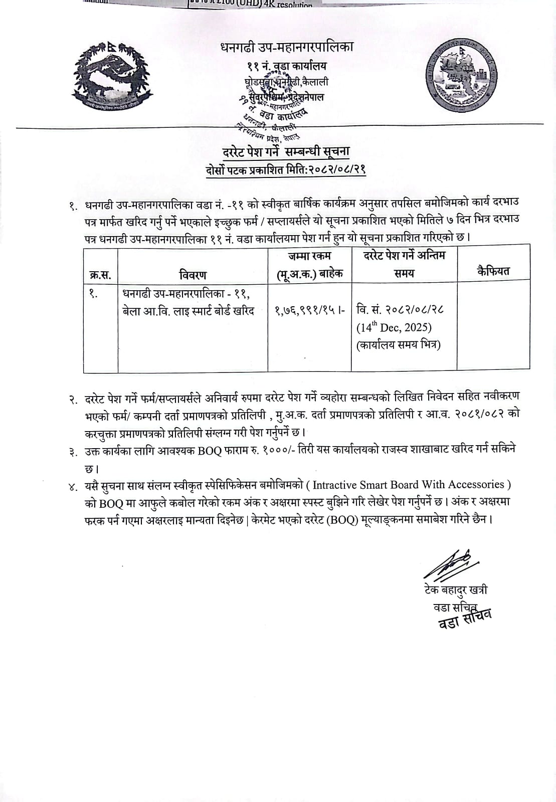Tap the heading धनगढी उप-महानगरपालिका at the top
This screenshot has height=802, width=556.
[x=287, y=47]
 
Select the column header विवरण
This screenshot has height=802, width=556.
[x=193, y=274]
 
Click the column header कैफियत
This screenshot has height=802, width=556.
[x=493, y=271]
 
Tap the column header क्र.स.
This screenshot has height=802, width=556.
[x=100, y=275]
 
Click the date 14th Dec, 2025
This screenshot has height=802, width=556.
[x=394, y=327]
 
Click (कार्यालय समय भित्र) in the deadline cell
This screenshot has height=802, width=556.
[x=399, y=345]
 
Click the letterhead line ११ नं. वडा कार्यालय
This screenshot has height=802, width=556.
[x=287, y=66]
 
